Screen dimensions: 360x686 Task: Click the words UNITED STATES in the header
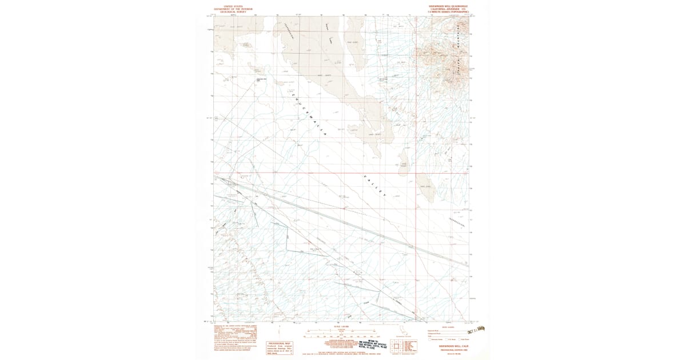[233, 6]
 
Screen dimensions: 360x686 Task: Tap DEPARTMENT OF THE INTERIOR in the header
[233, 9]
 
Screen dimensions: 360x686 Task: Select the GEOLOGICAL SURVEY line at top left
[233, 12]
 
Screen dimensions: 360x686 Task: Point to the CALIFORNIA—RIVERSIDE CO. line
[444, 9]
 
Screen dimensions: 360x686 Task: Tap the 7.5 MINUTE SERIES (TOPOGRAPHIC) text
[444, 12]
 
